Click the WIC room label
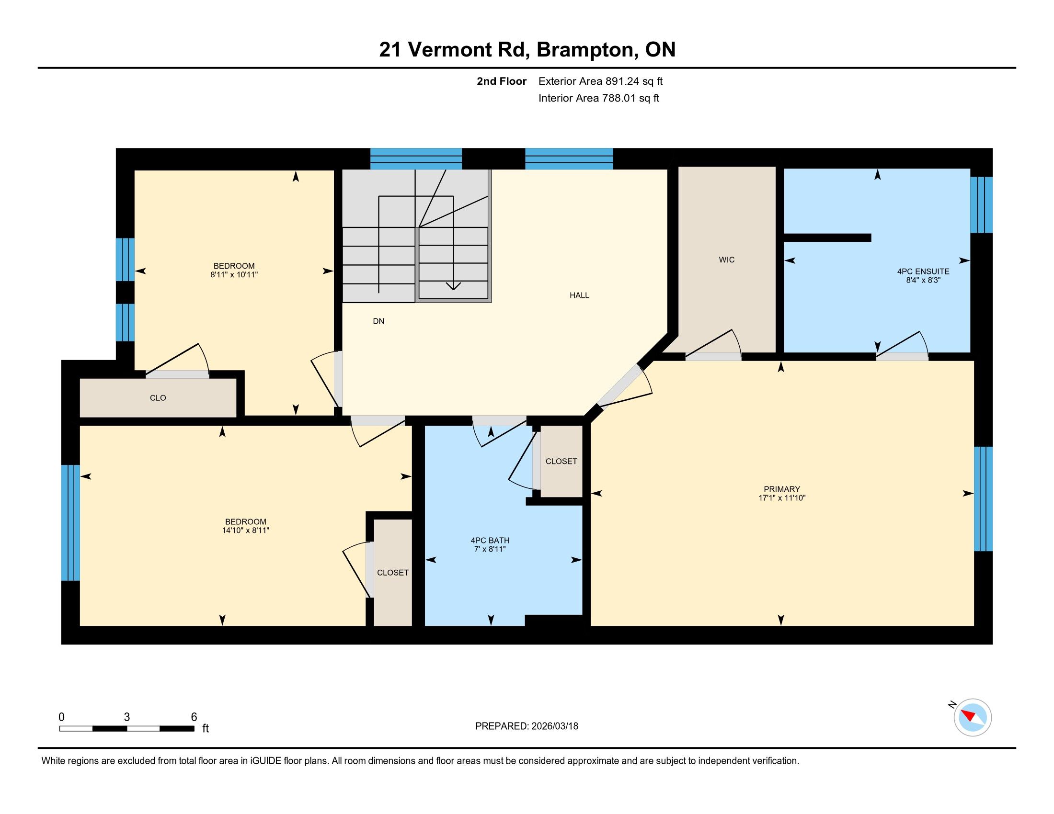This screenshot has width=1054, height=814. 726,260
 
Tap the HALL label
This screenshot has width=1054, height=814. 579,295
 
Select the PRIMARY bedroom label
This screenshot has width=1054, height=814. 782,489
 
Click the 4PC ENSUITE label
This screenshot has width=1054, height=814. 923,271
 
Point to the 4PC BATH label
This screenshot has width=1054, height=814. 490,541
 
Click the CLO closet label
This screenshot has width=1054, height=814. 158,398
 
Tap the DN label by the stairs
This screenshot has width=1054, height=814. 378,321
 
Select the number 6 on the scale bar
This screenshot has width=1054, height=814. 194,717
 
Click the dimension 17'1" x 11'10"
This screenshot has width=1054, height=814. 782,498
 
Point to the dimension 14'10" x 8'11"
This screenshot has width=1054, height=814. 246,531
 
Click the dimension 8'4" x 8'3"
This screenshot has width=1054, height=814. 923,280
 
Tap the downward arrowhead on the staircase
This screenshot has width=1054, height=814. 453,286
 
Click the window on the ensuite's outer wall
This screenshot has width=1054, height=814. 982,205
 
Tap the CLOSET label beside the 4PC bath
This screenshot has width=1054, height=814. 561,462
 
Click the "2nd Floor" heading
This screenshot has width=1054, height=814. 502,81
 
